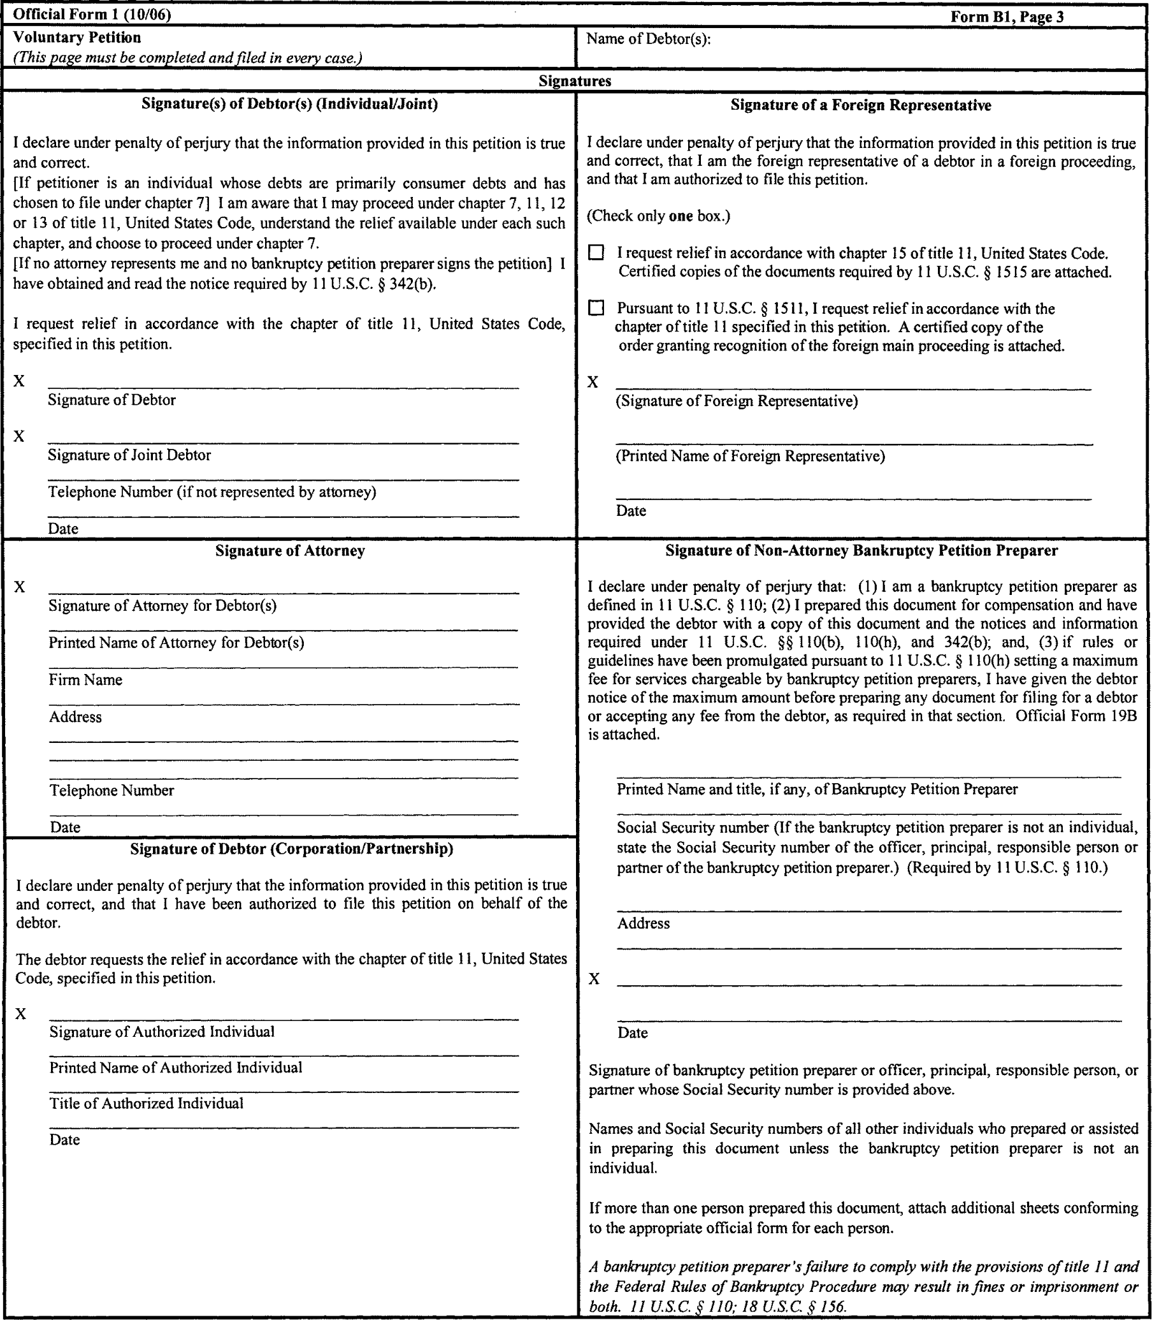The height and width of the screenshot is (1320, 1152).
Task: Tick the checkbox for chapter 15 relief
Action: tap(596, 253)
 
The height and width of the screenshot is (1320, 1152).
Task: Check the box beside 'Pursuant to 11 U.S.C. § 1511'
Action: tap(596, 308)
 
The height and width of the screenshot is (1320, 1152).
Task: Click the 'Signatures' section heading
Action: tap(575, 81)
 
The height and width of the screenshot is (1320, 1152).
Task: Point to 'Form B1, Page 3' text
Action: tap(1007, 17)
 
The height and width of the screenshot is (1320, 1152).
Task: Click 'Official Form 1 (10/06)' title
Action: tap(92, 15)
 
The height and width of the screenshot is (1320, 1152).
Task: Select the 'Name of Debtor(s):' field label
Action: tap(648, 40)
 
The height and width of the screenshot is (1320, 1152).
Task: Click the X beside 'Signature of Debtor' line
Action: tap(19, 381)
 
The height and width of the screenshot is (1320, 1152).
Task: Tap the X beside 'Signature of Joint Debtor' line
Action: tap(19, 437)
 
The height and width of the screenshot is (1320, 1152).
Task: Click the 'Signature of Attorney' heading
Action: tap(290, 551)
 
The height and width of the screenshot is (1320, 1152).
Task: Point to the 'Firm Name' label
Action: tap(85, 680)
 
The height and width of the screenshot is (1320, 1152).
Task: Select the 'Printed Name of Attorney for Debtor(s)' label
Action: tap(176, 643)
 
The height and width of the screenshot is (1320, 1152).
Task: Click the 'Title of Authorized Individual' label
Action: tap(147, 1103)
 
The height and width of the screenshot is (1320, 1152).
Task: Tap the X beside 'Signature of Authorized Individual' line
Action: tap(21, 1015)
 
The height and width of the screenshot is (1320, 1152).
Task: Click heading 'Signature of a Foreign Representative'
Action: tap(860, 105)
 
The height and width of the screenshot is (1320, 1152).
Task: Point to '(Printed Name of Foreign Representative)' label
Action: tap(750, 456)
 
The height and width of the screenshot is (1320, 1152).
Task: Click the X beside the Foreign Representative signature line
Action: tap(593, 383)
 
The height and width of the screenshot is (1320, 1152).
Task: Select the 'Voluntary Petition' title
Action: tap(76, 38)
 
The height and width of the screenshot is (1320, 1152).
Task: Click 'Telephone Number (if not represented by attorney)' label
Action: tap(212, 492)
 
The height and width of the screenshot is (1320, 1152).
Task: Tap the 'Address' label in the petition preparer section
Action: tap(644, 924)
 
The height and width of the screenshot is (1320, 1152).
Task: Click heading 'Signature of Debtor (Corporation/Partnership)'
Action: tap(291, 849)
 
